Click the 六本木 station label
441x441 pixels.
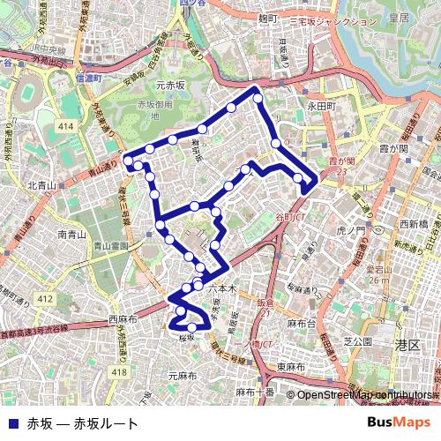click(222, 288)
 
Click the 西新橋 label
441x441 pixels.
click(413, 224)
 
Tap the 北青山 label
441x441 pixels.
click(41, 185)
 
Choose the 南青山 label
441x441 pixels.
click(72, 235)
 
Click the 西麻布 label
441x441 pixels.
click(124, 318)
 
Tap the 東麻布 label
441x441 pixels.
click(291, 367)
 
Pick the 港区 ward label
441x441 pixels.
click(407, 345)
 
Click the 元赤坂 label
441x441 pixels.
click(170, 86)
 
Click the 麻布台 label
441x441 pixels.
click(301, 324)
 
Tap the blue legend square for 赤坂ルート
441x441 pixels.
click(11, 423)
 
